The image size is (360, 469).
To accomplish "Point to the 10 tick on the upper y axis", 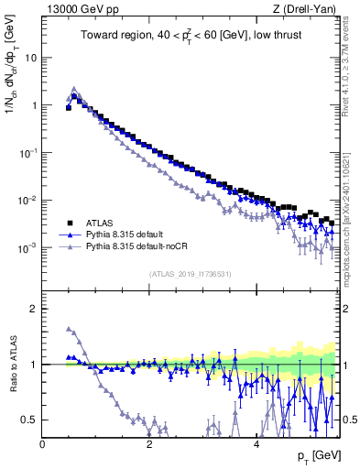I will tap(30, 58).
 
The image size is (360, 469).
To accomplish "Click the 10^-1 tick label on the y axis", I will tap(27, 153).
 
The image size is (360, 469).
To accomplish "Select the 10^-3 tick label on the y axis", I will tap(27, 248).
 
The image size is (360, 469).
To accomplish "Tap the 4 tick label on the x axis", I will tap(256, 442).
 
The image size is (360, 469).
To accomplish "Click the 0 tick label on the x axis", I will tap(42, 442).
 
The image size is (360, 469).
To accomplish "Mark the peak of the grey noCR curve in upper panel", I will tap(74, 89).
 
